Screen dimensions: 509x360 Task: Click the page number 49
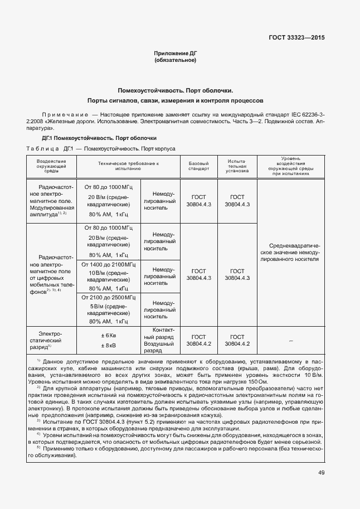(322, 473)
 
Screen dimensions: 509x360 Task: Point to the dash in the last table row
(294, 340)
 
